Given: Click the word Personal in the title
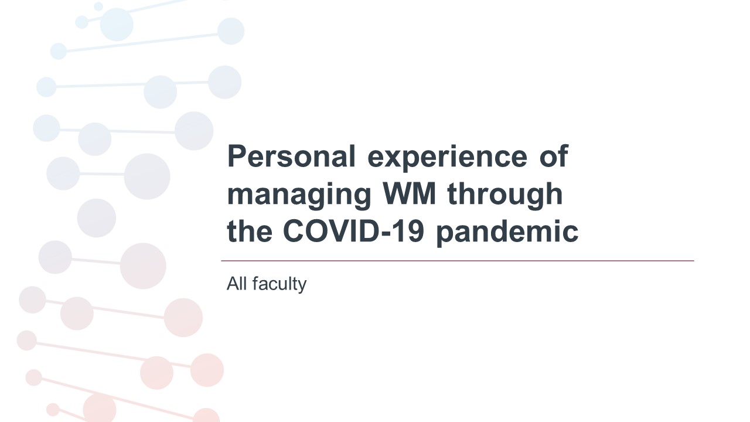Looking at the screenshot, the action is [291, 156].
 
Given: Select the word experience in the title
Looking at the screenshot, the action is [447, 159].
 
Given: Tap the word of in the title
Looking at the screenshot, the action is [554, 156].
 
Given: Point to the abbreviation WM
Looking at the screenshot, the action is [410, 193].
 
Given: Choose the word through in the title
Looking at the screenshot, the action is [505, 196].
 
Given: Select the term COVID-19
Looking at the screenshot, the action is [353, 231].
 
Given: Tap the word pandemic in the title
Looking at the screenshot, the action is [507, 233].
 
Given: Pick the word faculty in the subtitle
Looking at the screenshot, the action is [279, 285].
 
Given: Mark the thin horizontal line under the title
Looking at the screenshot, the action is [458, 261].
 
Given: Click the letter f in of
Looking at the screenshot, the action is [562, 156].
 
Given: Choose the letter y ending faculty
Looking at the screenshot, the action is [302, 287].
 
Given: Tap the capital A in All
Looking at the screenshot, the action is [232, 284].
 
